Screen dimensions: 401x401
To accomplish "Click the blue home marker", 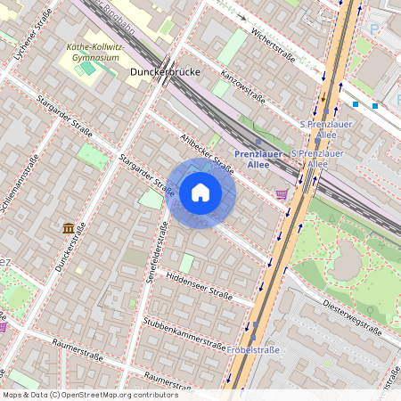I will click(x=200, y=192).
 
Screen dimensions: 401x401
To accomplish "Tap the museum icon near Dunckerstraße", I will click(x=69, y=228).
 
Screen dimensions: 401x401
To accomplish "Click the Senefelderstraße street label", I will click(x=163, y=254).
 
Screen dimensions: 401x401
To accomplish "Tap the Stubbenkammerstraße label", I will click(x=184, y=333).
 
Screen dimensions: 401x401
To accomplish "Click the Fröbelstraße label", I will click(x=253, y=349).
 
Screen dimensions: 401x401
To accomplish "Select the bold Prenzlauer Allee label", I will click(x=258, y=158).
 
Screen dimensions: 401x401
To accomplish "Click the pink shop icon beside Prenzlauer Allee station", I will click(x=282, y=193).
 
